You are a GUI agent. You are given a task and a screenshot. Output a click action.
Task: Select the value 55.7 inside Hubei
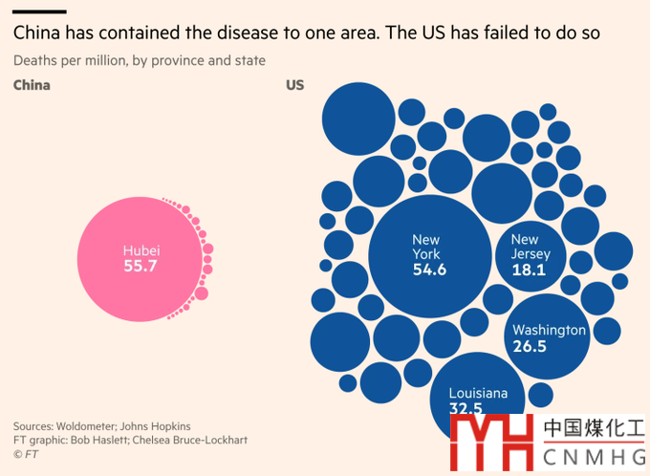point(140,267)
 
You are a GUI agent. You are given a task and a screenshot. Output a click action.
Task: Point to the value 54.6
point(429,270)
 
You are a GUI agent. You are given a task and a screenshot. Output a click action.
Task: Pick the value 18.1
point(528,270)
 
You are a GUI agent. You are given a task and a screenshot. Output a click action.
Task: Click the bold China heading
point(32,85)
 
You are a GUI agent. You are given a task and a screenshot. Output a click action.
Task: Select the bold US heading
point(294,85)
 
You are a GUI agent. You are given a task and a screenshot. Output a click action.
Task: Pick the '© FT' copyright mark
point(26,454)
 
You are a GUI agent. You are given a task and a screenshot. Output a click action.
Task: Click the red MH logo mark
point(491,444)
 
